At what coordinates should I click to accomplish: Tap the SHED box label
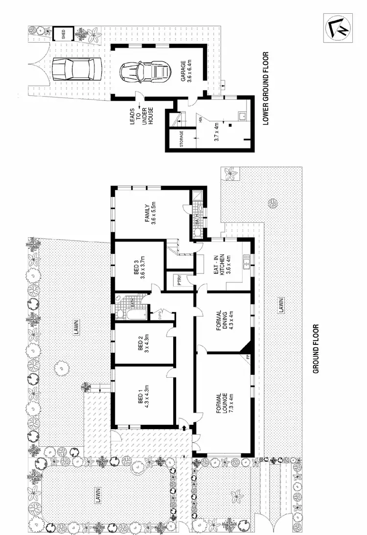pos(63,34)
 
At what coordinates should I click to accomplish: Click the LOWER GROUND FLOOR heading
pos(267,88)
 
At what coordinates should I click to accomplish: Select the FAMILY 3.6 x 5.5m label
pos(149,214)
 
